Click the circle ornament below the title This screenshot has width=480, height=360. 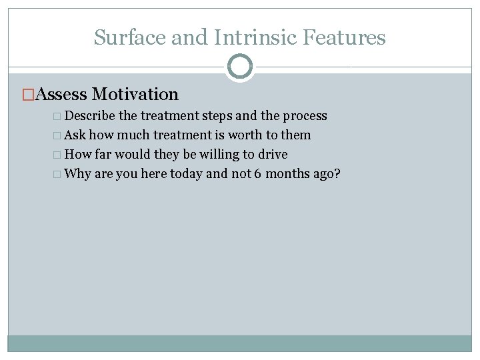click(240, 67)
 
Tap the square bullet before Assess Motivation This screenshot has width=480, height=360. click(27, 95)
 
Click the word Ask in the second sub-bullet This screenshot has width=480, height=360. click(75, 135)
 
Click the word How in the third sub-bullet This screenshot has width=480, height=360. click(78, 155)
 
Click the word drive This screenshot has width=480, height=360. click(273, 155)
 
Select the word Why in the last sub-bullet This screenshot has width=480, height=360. click(78, 174)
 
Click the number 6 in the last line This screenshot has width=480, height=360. click(257, 174)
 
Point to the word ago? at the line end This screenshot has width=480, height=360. click(327, 175)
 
